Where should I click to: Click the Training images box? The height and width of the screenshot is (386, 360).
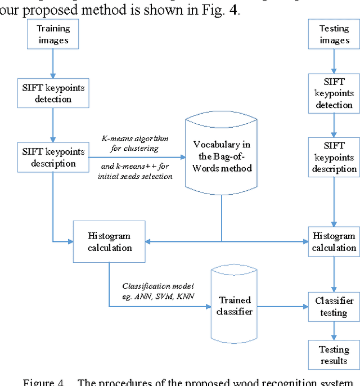tap(53, 34)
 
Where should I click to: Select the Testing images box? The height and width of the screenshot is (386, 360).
tap(334, 34)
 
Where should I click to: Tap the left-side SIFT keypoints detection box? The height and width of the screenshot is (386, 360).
tap(53, 93)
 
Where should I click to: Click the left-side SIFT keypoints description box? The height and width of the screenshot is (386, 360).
tap(53, 158)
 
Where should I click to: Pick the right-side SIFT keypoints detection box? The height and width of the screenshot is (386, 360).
tap(334, 93)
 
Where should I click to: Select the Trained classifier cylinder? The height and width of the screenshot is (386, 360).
tap(235, 306)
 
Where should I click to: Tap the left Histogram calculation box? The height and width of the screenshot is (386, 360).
tap(110, 242)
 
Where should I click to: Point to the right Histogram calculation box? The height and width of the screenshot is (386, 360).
tap(334, 242)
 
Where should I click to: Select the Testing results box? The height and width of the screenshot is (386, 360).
tap(334, 355)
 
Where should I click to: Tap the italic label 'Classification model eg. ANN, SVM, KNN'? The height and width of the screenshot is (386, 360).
tap(156, 291)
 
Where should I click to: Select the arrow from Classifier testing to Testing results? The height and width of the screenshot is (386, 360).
tap(334, 330)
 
